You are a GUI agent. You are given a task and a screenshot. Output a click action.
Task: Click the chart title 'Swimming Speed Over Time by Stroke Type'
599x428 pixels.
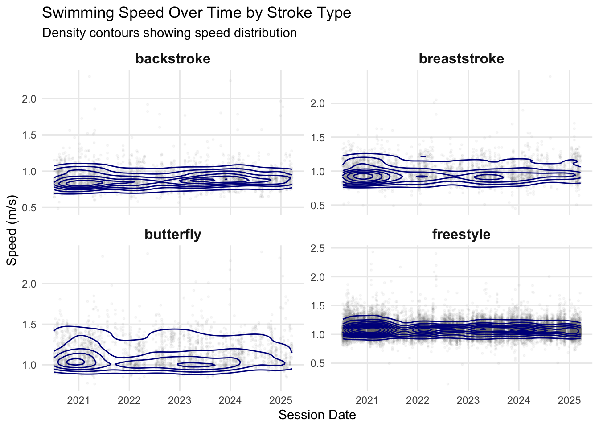tap(197, 13)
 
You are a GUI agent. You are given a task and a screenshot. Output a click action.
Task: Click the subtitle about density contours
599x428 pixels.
tap(169, 33)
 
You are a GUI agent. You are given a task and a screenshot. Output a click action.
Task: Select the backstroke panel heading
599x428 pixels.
tap(173, 59)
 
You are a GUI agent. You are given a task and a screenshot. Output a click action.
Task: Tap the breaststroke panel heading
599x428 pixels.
tap(461, 59)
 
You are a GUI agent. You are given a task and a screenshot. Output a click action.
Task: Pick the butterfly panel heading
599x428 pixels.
tap(173, 235)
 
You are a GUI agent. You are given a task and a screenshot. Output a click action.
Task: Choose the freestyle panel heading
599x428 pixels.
tap(461, 235)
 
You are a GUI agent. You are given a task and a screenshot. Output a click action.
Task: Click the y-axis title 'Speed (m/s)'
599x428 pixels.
tap(12, 230)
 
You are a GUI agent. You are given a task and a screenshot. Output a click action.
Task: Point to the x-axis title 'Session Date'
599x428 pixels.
tap(317, 415)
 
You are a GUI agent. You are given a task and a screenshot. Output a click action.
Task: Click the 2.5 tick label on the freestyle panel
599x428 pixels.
tap(317, 248)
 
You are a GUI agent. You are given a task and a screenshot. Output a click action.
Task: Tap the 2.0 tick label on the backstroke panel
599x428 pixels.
tap(29, 99)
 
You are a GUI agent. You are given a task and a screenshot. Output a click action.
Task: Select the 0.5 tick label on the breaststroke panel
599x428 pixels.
tap(317, 206)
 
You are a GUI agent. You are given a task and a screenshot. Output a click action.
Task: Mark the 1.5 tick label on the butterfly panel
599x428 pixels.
tap(29, 325)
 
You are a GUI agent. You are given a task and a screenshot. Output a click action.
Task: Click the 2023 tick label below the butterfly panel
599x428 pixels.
tap(180, 400)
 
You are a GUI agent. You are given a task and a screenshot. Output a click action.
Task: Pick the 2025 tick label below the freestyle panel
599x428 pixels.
tap(569, 400)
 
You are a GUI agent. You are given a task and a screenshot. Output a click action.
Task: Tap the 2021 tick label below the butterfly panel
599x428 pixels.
tap(79, 400)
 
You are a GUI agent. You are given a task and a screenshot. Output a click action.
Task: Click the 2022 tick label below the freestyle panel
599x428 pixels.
tap(418, 400)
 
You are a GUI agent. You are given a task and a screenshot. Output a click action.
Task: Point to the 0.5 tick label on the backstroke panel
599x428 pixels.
tap(29, 208)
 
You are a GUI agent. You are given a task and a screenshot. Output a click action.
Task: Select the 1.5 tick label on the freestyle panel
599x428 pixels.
tap(317, 306)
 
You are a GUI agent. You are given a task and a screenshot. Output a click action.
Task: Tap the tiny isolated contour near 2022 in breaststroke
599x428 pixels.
tap(423, 156)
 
